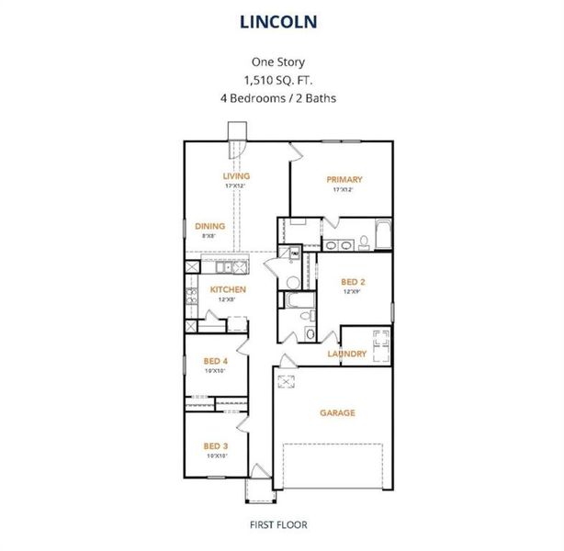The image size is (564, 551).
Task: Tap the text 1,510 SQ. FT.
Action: tap(281, 79)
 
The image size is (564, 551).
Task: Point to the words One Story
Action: tap(281, 62)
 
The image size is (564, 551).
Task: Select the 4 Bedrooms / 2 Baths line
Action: tap(281, 96)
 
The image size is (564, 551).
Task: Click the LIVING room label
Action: tap(236, 175)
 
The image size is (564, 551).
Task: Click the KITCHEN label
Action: tap(228, 289)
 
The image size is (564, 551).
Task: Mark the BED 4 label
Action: tap(215, 361)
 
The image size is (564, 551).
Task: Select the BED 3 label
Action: tap(215, 446)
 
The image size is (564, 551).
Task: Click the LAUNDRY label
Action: tap(347, 354)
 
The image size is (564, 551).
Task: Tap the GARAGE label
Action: tap(337, 412)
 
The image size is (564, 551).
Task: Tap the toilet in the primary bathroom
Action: tap(363, 242)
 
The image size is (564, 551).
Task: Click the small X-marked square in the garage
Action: tap(287, 383)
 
